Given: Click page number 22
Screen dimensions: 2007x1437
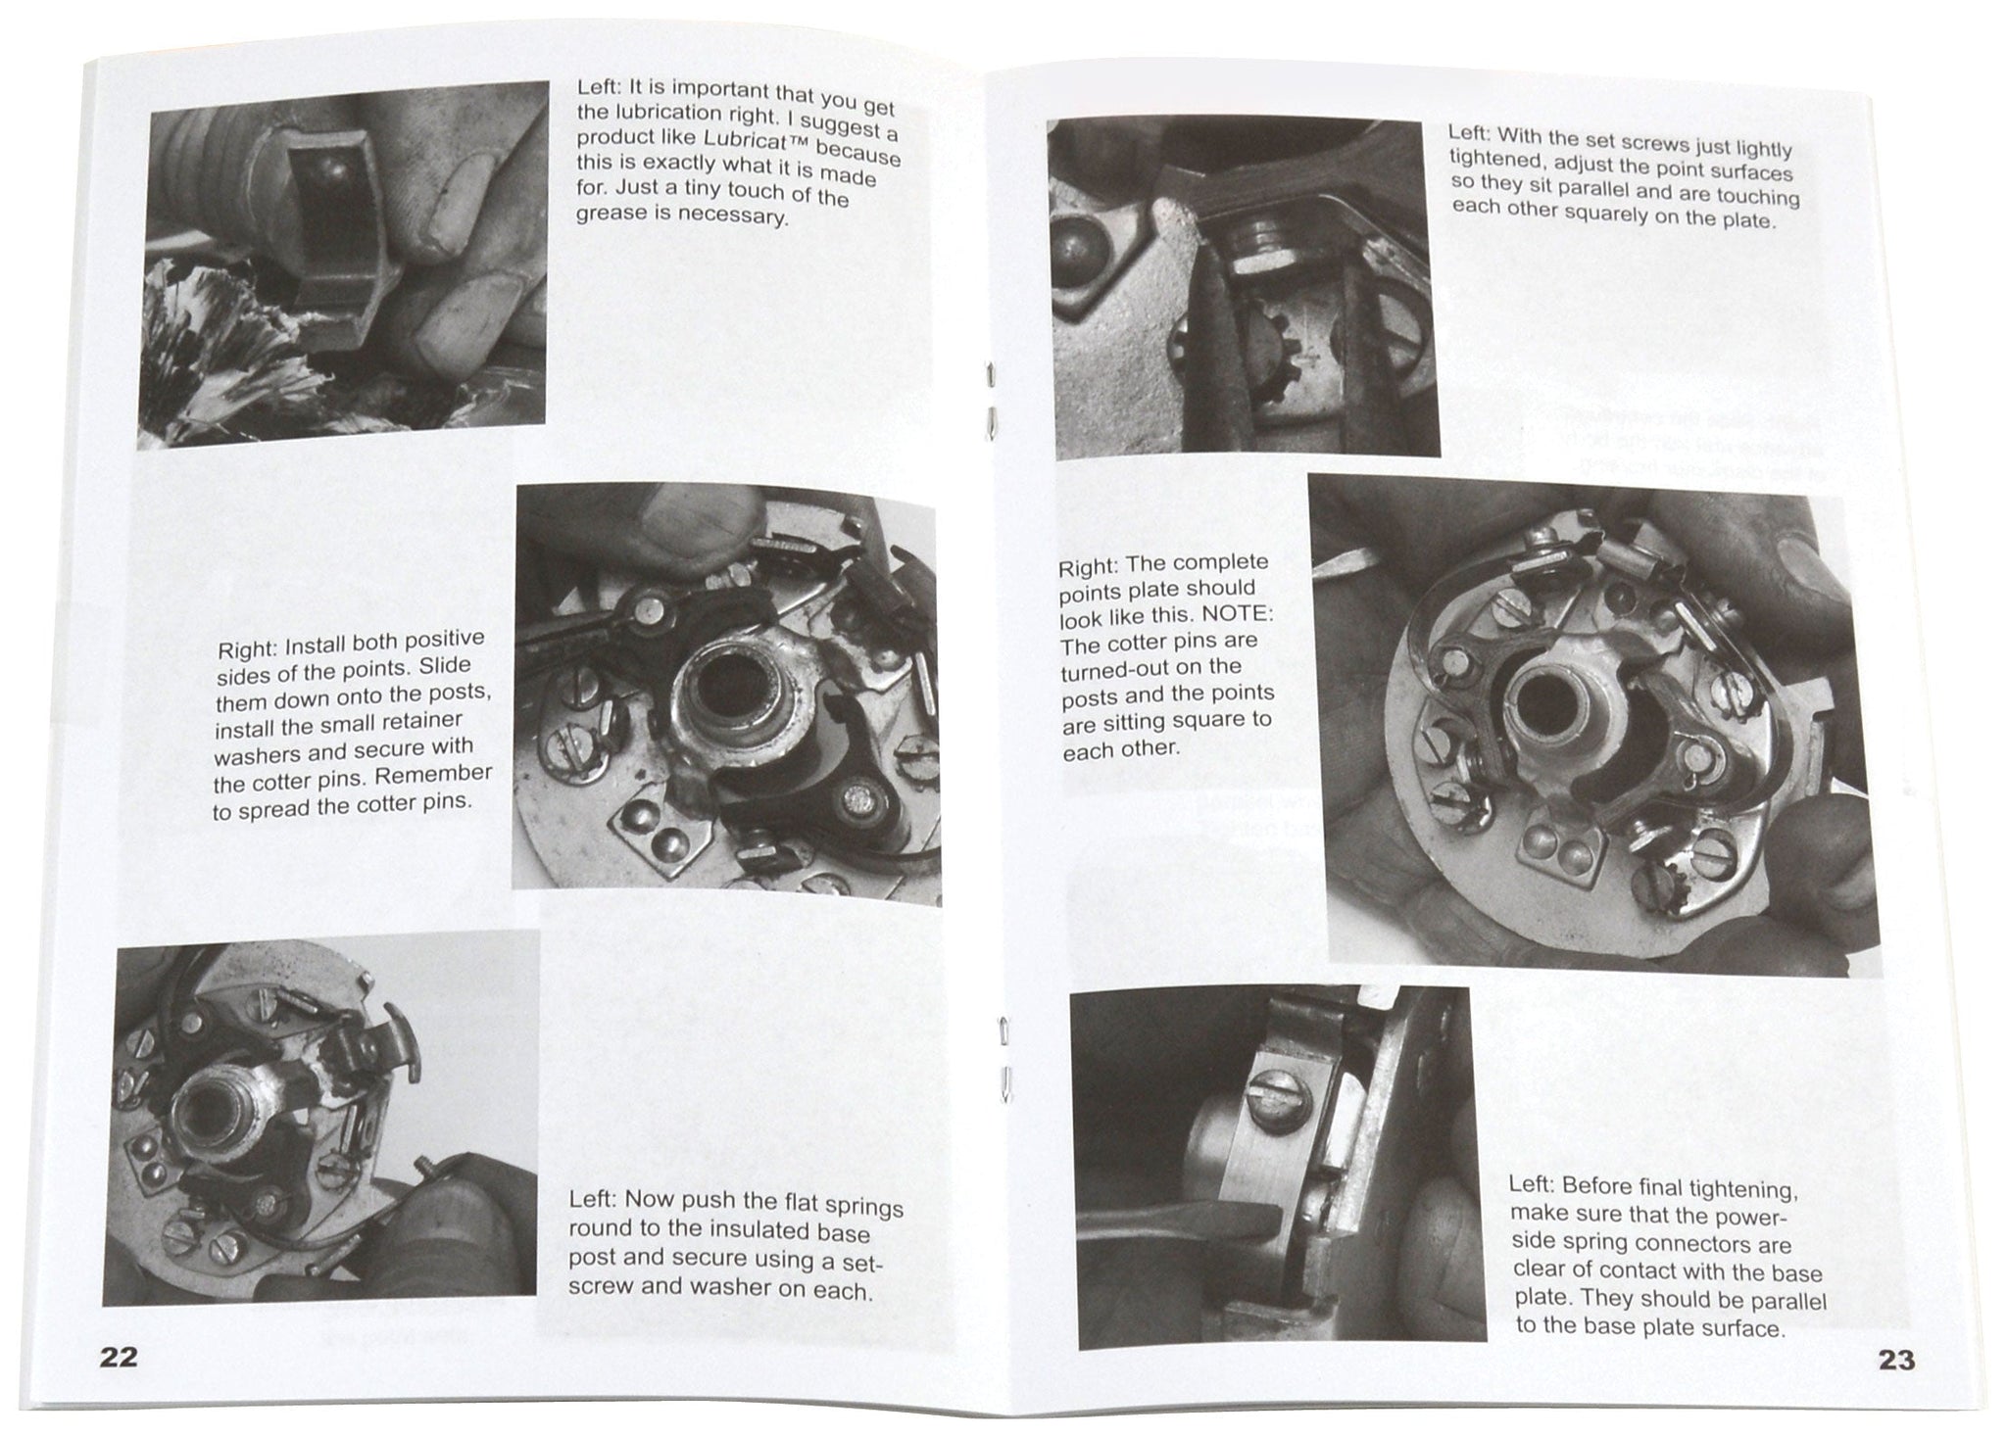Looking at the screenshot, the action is [119, 1357].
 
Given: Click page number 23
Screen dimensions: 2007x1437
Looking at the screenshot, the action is [1896, 1360].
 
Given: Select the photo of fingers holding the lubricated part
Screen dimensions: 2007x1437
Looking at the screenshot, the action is [343, 264].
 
